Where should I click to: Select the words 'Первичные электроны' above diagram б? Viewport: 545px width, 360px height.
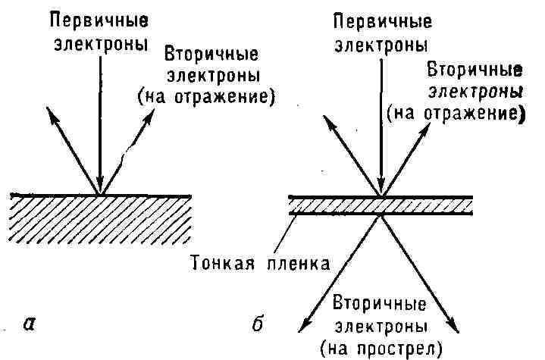click(381, 30)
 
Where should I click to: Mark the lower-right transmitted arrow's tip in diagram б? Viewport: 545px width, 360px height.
click(457, 327)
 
